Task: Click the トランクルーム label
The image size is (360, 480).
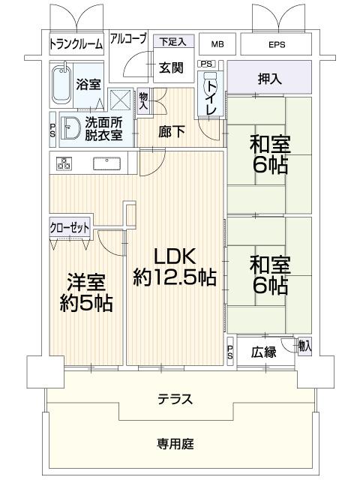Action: (76, 43)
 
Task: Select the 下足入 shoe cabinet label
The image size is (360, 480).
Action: (172, 41)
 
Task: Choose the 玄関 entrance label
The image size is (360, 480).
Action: (171, 67)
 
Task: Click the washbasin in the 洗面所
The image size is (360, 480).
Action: (73, 129)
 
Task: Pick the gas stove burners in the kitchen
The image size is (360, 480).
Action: (61, 162)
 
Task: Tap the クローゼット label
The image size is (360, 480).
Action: (70, 228)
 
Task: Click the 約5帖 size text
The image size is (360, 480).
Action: (86, 304)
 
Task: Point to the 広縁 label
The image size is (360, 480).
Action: (263, 350)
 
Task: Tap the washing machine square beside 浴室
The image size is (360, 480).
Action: (119, 100)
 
